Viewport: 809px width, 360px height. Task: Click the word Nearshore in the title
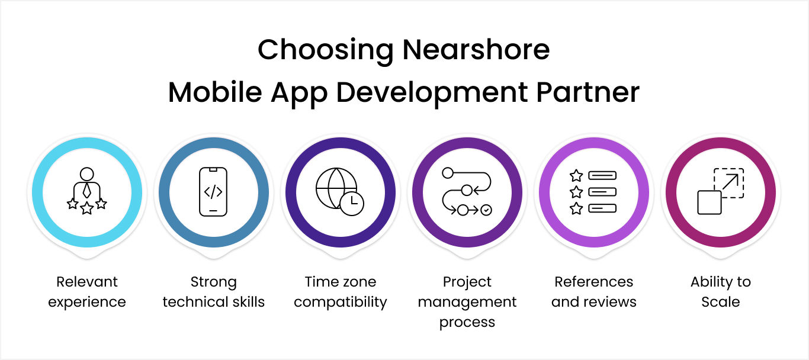[x=476, y=50]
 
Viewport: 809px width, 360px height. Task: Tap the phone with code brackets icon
[x=213, y=191]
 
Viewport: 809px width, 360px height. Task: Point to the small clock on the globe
[x=352, y=202]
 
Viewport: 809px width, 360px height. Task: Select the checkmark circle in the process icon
[x=486, y=210]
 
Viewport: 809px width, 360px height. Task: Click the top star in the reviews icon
[x=576, y=176]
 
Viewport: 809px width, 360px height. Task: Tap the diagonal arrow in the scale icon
[x=730, y=182]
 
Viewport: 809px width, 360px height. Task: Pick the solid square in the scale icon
[x=709, y=202]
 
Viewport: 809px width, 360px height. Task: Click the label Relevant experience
[x=87, y=292]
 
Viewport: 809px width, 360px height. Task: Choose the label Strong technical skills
[x=213, y=292]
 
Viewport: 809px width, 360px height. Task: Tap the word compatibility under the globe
[x=340, y=302]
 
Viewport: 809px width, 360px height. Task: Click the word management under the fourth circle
[x=467, y=302]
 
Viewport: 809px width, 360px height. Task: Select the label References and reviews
[x=593, y=292]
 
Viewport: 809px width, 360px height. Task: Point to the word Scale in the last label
[x=720, y=302]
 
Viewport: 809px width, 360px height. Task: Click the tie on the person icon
[x=87, y=191]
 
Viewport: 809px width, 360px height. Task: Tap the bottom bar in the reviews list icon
[x=602, y=208]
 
